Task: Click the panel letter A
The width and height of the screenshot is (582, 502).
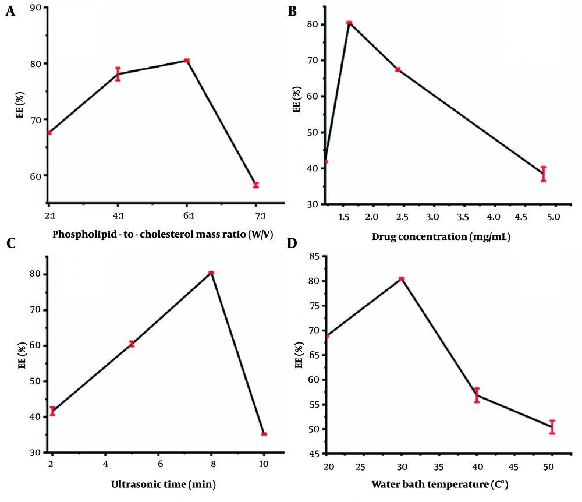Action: [10, 12]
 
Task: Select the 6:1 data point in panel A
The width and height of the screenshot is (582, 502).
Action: [187, 61]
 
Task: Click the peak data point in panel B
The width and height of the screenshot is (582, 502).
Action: [349, 23]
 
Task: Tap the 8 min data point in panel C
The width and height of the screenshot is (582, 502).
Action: [211, 273]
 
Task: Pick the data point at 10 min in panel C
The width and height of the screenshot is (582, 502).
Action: [264, 434]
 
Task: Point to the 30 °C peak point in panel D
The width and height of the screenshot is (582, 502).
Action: [402, 279]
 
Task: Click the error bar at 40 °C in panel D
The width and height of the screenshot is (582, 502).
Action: [477, 395]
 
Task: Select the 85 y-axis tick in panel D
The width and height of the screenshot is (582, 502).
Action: [313, 256]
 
